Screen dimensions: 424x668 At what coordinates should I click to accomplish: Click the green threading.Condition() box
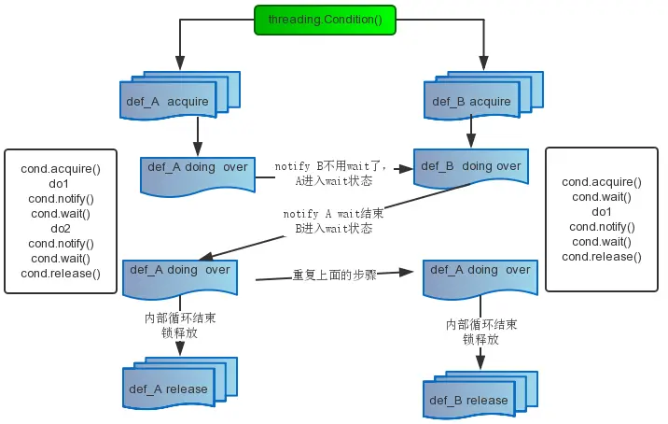(325, 20)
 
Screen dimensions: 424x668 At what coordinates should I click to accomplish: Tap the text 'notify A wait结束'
(333, 214)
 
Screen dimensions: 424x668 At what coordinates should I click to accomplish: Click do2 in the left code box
(60, 229)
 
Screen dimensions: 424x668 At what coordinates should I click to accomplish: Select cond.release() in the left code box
(60, 274)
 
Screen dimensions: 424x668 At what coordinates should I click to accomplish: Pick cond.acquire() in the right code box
(602, 182)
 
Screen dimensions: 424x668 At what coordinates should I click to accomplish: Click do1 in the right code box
(602, 212)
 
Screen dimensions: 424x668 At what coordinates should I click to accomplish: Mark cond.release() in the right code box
(602, 257)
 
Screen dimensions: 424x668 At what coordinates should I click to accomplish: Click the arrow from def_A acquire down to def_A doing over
(197, 135)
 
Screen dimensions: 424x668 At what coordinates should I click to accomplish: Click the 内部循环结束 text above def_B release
(481, 324)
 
